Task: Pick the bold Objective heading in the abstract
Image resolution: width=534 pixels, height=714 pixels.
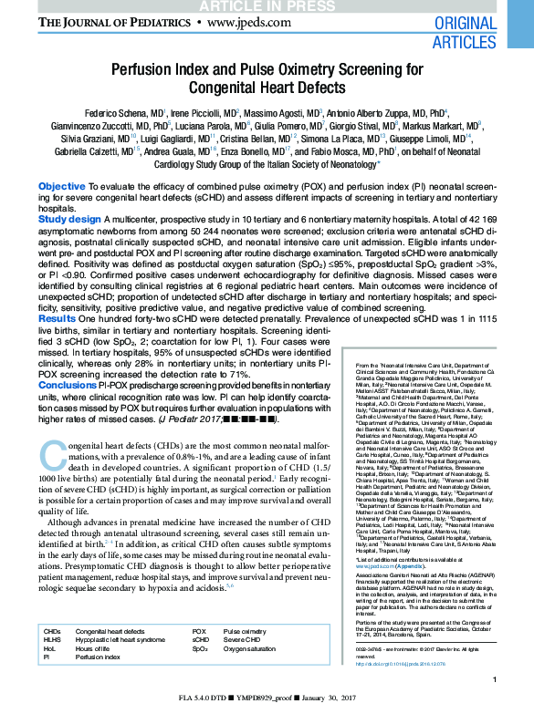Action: coord(62,186)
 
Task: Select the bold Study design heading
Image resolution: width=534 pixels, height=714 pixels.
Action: coord(69,220)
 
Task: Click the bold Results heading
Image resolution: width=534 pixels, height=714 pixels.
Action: coord(58,318)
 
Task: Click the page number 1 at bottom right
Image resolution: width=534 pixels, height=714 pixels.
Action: coord(494,679)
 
